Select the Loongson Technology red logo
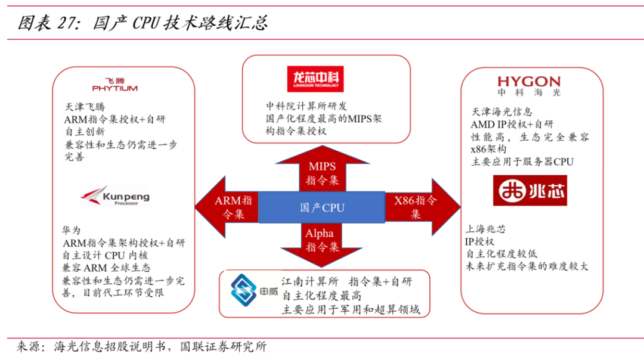pos(315,79)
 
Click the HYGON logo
pos(529,85)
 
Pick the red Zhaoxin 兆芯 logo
pos(530,190)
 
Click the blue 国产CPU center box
pos(322,208)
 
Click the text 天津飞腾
pos(85,107)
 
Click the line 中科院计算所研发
pos(306,106)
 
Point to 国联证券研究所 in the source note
pos(224,346)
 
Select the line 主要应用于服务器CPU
pos(522,162)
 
